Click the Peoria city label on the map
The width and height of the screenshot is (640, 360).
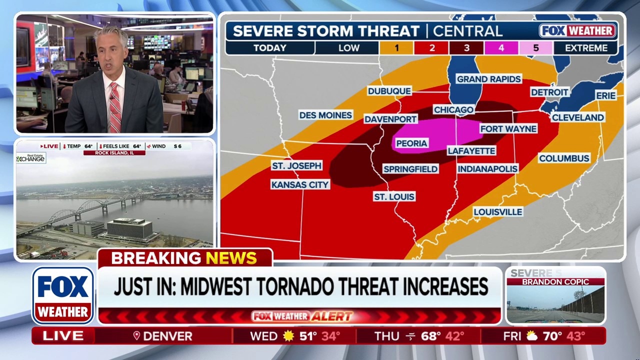coord(411,143)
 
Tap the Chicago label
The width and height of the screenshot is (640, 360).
coord(453,110)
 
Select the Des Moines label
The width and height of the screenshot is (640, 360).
coord(325,115)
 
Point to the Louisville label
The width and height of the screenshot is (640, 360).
coord(497,212)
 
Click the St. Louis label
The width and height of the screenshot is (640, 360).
coord(394,197)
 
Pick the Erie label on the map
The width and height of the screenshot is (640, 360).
coord(605,95)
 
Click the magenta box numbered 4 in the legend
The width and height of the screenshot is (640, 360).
coord(500,48)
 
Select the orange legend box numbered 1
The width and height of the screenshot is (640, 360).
coord(396,48)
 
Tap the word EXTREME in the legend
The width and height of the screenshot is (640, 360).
coord(586,48)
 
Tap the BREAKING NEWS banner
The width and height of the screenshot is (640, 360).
coord(184,258)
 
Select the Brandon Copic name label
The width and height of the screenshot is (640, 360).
coord(555,282)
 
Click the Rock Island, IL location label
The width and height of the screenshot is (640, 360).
coord(114,153)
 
